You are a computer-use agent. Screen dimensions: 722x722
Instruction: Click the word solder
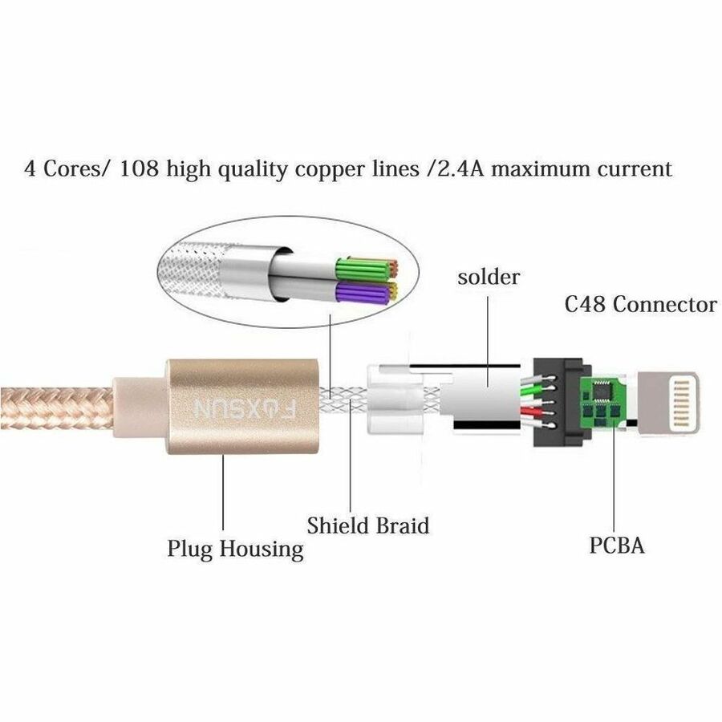(489, 278)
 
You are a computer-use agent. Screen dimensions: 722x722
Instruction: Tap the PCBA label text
(617, 546)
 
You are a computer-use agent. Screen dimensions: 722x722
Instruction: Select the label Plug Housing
(235, 549)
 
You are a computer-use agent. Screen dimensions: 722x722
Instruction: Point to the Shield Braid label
(368, 525)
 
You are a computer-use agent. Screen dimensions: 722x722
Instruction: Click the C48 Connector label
(640, 304)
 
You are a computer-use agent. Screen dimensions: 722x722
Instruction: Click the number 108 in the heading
(139, 168)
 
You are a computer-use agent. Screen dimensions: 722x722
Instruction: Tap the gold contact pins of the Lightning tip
(682, 403)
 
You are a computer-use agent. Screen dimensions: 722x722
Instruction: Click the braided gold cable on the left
(56, 408)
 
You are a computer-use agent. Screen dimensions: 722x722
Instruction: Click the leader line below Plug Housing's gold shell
(223, 493)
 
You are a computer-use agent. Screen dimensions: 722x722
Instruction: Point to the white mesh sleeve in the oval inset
(191, 272)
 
